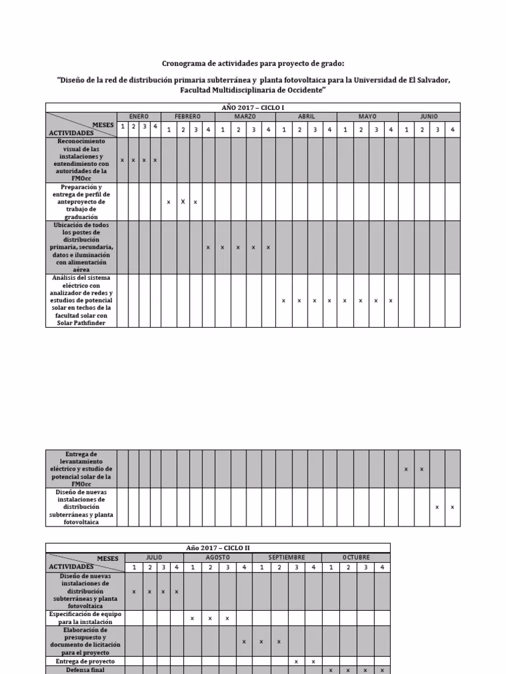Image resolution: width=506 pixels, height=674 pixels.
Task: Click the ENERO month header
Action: [138, 117]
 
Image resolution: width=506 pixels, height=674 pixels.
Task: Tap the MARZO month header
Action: [245, 117]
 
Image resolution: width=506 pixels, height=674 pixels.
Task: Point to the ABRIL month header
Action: [306, 117]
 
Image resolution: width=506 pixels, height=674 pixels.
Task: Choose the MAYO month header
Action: [367, 117]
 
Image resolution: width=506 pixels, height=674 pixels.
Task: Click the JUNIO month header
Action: [429, 117]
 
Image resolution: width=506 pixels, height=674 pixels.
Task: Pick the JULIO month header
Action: [154, 557]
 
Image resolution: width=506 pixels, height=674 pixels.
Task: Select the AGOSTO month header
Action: [217, 557]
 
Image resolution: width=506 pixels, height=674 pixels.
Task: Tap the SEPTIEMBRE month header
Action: [287, 557]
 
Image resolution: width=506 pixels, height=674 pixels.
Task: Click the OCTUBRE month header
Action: [356, 557]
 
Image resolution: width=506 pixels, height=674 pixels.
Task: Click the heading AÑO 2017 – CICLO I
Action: [253, 107]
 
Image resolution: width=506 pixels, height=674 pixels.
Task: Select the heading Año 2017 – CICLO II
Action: [217, 548]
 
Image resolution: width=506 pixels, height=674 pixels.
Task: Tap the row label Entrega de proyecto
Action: [85, 661]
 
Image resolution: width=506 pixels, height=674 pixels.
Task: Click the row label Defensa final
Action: [85, 670]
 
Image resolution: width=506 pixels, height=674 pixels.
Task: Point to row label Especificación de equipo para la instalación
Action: [85, 618]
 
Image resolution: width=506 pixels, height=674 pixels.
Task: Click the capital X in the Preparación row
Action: [183, 201]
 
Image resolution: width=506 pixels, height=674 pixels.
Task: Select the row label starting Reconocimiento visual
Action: [81, 160]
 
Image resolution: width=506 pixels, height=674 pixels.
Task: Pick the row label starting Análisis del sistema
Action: [81, 300]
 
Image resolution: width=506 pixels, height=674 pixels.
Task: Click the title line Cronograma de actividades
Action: [253, 63]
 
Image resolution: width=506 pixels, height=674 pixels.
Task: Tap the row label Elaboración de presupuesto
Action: [85, 641]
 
